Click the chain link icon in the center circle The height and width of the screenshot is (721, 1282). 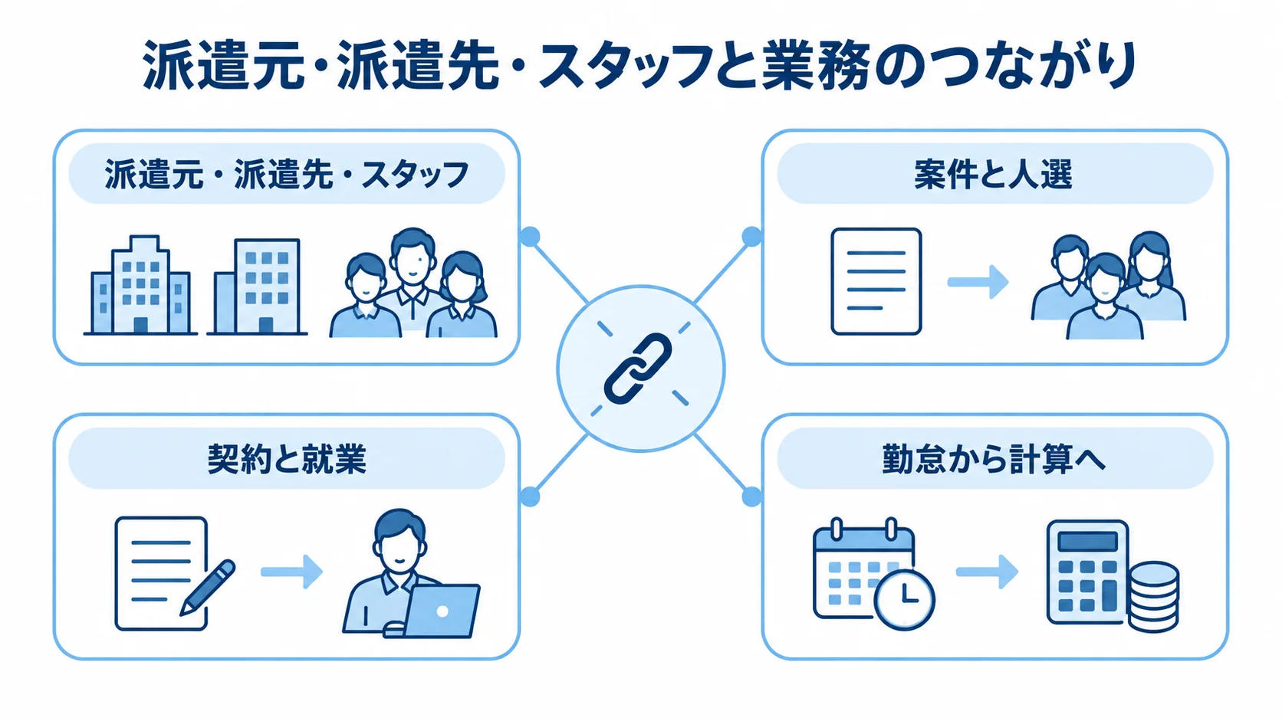638,369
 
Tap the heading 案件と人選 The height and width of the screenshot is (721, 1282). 994,175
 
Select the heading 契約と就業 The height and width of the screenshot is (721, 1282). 287,458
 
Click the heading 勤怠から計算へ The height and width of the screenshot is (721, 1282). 994,458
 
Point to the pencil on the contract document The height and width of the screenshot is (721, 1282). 207,587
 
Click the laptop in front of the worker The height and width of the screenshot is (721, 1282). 441,611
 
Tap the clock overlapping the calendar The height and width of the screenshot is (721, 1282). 904,599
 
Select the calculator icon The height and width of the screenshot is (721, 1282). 1087,572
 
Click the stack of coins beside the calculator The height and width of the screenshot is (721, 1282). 1152,596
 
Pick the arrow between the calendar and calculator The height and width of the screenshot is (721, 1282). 988,571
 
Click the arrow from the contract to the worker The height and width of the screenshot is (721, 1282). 292,571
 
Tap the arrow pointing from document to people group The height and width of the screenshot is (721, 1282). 978,281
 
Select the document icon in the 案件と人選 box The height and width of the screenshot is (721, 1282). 876,281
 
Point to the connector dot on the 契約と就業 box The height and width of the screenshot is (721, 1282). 530,497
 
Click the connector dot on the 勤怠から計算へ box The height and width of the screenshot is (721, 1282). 751,497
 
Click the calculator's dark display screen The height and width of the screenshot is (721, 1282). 1087,541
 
